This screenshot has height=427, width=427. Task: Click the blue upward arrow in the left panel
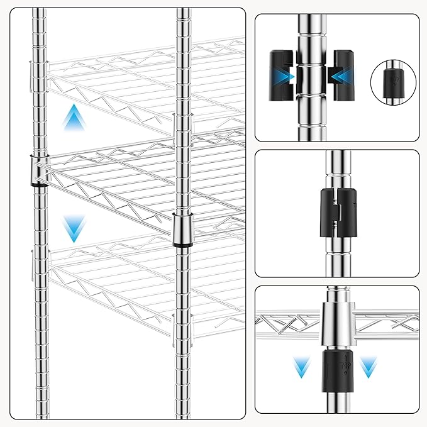tap(74, 118)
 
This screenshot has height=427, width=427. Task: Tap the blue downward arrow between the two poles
tap(74, 228)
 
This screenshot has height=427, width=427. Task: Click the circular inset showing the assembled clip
tap(395, 81)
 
